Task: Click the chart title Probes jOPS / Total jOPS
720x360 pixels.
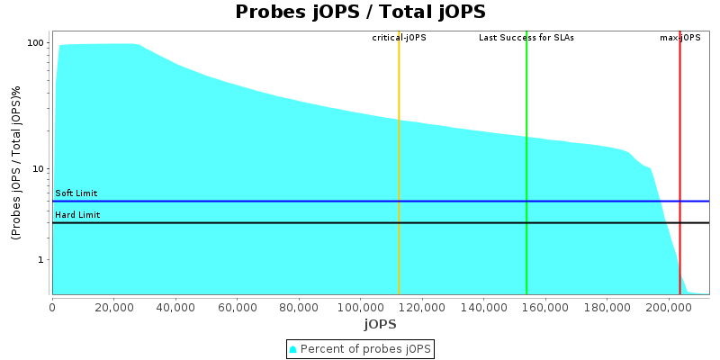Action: tap(360, 12)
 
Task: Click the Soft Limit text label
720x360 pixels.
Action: tap(76, 193)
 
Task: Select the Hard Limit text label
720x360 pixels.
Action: tap(77, 215)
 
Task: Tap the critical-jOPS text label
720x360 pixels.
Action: tap(399, 38)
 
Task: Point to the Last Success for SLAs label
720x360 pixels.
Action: tap(526, 38)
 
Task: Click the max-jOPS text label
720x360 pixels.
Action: tap(680, 38)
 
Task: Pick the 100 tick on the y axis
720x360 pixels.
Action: tap(36, 43)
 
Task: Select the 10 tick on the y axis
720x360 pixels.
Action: tap(39, 169)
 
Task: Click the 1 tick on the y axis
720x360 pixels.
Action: tap(41, 260)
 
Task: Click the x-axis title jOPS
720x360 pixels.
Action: tap(381, 323)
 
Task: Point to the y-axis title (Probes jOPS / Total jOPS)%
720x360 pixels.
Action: tap(16, 162)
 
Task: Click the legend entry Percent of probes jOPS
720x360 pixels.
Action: tap(360, 348)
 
